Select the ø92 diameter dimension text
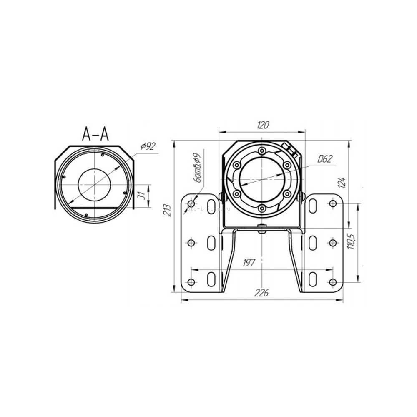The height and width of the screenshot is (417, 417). click(148, 146)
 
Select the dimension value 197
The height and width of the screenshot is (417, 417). click(249, 262)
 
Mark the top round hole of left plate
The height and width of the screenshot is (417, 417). click(191, 203)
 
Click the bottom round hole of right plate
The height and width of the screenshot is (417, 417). click(332, 282)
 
